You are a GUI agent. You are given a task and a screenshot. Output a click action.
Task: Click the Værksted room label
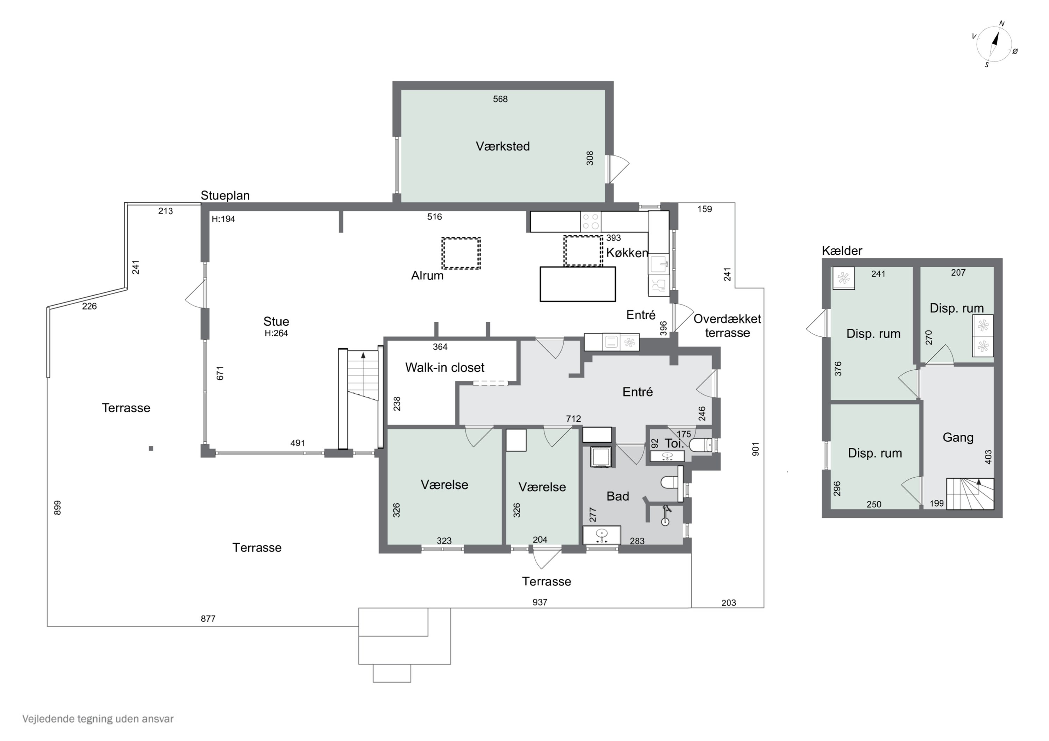pos(502,146)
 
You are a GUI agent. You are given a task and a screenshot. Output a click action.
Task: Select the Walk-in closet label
pos(444,368)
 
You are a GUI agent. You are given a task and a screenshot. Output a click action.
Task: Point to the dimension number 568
pos(500,99)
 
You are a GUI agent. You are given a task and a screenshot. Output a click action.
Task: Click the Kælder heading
pos(842,250)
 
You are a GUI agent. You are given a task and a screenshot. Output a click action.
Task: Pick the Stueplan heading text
pos(225,195)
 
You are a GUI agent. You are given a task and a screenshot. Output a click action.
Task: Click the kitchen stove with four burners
pos(591,221)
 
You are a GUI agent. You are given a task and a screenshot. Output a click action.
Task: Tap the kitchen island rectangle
pos(578,284)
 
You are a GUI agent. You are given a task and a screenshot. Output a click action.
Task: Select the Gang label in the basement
pos(958,437)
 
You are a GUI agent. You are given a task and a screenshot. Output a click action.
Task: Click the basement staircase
pos(970,494)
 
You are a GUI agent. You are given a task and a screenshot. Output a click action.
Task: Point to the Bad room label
pos(618,496)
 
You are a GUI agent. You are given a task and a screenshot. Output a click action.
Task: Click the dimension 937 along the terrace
pos(540,602)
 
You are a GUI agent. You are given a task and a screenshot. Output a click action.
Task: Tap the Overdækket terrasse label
pos(727,326)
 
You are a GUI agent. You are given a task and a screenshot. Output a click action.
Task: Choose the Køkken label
pos(627,253)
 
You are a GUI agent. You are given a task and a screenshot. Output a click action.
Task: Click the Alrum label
pos(427,275)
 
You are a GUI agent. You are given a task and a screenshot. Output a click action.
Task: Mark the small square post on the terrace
pos(151,448)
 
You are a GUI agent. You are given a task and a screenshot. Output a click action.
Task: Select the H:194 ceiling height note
pos(223,219)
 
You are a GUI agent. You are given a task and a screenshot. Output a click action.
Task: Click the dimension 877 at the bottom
pos(208,619)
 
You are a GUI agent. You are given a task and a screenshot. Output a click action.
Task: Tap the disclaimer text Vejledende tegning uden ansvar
pos(98,719)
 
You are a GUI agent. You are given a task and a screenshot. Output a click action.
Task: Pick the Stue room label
pos(276,321)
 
